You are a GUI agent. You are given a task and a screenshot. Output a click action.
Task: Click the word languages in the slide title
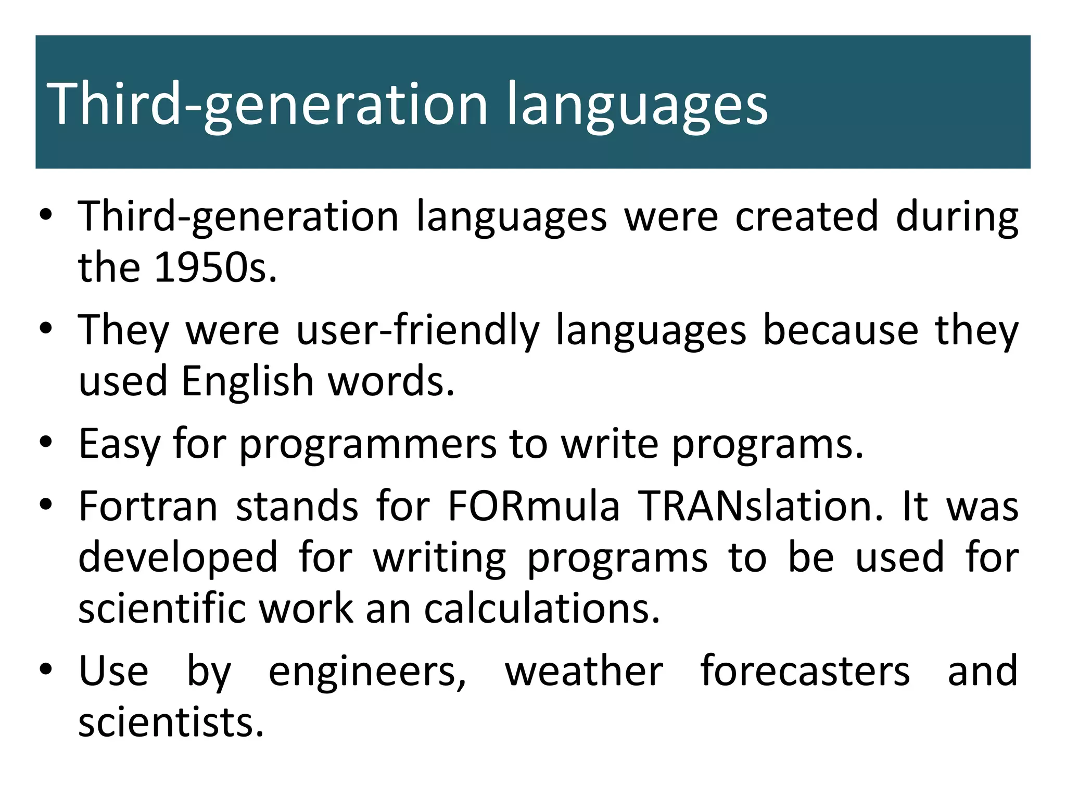[x=637, y=104]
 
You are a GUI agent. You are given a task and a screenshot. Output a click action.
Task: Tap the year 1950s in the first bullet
[x=215, y=267]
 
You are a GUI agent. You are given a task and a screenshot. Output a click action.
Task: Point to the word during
[x=957, y=216]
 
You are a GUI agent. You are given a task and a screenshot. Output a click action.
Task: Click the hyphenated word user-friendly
[x=417, y=330]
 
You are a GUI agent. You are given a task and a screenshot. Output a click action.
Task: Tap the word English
[x=247, y=381]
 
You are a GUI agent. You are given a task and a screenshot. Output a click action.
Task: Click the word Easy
[x=119, y=444]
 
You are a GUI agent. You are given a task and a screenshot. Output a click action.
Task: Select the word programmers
[x=367, y=444]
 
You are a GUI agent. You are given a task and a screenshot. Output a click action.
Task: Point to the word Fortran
[x=148, y=506]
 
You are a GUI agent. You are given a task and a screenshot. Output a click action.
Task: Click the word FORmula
[x=534, y=506]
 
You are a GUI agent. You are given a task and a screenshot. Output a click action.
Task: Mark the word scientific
[x=162, y=609]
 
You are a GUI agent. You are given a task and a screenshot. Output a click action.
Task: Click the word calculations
[x=541, y=609]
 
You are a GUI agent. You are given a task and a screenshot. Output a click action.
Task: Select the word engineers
[x=367, y=671]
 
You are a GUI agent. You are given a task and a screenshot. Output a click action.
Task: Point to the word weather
[x=583, y=671]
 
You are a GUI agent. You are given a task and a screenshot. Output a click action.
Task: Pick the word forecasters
[x=805, y=671]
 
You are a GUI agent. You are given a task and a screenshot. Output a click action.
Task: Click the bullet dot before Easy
[x=46, y=442]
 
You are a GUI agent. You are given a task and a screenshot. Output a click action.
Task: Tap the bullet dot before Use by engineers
[x=46, y=669]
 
